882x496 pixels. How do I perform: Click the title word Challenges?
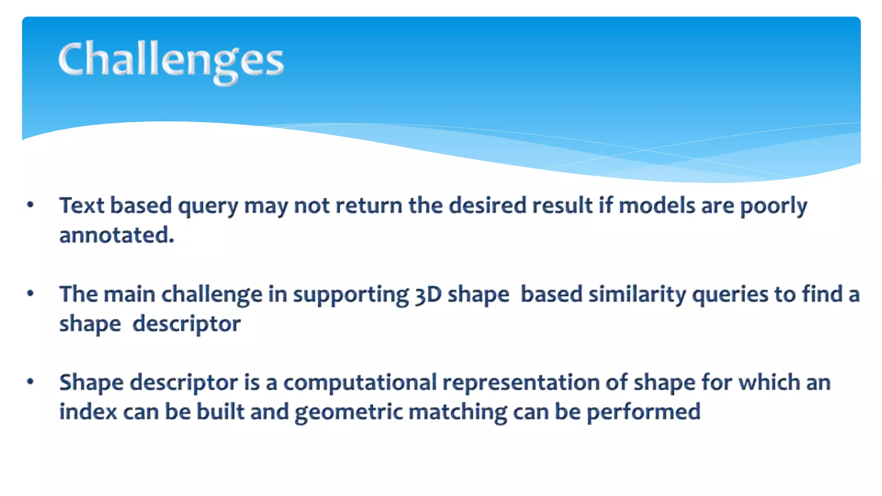point(171,60)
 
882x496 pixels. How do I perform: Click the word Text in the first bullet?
point(82,205)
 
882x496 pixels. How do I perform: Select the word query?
point(208,207)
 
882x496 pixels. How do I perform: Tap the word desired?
point(488,205)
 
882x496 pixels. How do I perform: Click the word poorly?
point(773,207)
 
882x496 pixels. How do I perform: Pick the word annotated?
point(116,235)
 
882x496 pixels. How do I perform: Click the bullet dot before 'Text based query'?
point(30,205)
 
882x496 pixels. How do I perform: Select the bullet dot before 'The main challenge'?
point(30,294)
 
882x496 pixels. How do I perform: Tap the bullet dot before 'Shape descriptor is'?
point(30,382)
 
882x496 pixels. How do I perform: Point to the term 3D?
point(428,294)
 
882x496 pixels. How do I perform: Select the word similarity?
point(637,294)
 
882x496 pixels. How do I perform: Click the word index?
point(88,412)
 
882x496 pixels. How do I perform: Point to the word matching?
point(458,412)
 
